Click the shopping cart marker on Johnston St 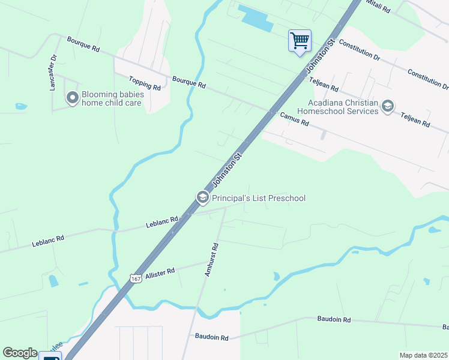300,41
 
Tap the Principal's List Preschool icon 202,197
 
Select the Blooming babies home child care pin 73,98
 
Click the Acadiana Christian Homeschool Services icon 387,107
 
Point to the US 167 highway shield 136,279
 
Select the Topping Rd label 145,83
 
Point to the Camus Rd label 294,119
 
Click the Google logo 20,353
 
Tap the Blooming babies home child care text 112,98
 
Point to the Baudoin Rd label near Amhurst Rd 211,337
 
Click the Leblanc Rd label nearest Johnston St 162,223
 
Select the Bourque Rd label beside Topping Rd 188,83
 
